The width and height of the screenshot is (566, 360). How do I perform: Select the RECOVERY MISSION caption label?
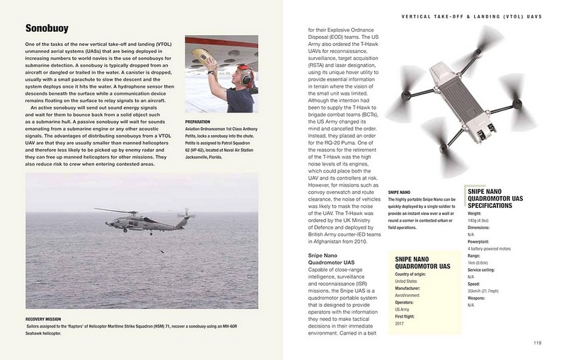(x=48, y=320)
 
